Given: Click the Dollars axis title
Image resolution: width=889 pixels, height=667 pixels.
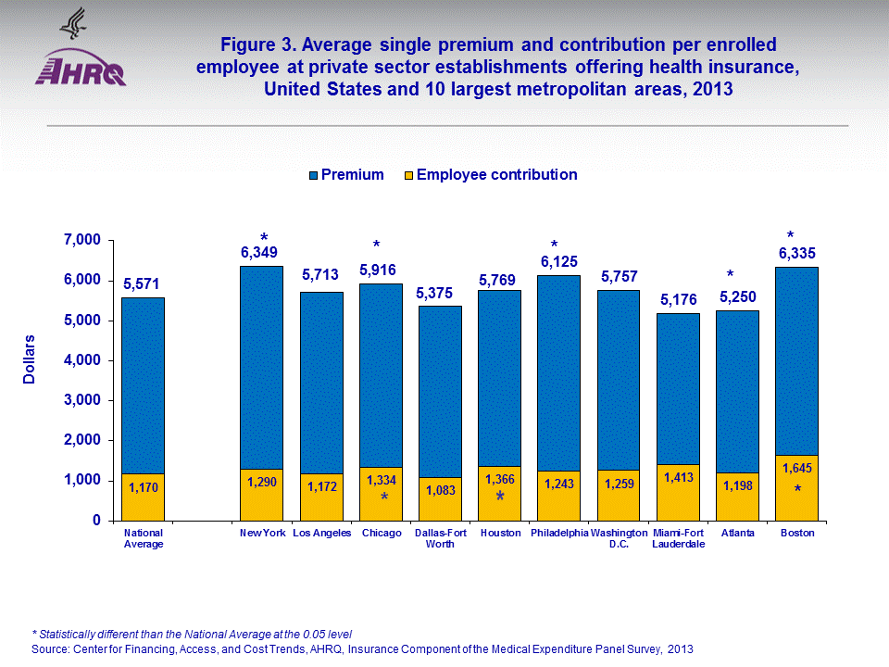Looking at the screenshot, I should (31, 359).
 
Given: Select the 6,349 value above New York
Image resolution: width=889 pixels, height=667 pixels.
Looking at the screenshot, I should (259, 252).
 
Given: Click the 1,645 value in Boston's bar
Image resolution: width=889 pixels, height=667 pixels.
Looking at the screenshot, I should (796, 469).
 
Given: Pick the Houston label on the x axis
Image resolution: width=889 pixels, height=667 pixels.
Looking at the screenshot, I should (500, 534).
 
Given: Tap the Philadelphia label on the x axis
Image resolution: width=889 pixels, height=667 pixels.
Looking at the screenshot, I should (559, 534).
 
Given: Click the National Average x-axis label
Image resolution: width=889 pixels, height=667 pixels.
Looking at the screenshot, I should (143, 538).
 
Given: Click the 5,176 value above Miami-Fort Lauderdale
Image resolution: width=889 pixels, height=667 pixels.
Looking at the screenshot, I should (678, 299).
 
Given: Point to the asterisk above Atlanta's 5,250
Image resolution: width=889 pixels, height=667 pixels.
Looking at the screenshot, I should (730, 275).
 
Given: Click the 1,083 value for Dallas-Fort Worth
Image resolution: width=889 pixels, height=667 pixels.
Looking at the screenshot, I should (440, 489).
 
